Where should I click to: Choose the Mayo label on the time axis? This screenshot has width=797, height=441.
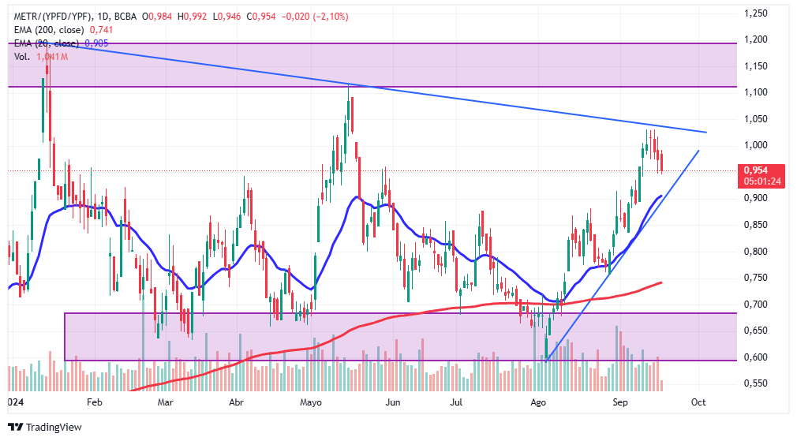(312, 402)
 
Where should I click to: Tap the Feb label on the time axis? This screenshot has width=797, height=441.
(95, 402)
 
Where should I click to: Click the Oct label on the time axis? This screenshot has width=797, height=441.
(698, 402)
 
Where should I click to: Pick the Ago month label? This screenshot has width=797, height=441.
(538, 402)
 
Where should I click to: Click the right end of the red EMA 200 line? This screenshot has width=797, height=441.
(660, 282)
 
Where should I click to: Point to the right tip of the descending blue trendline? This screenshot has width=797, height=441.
(705, 132)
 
